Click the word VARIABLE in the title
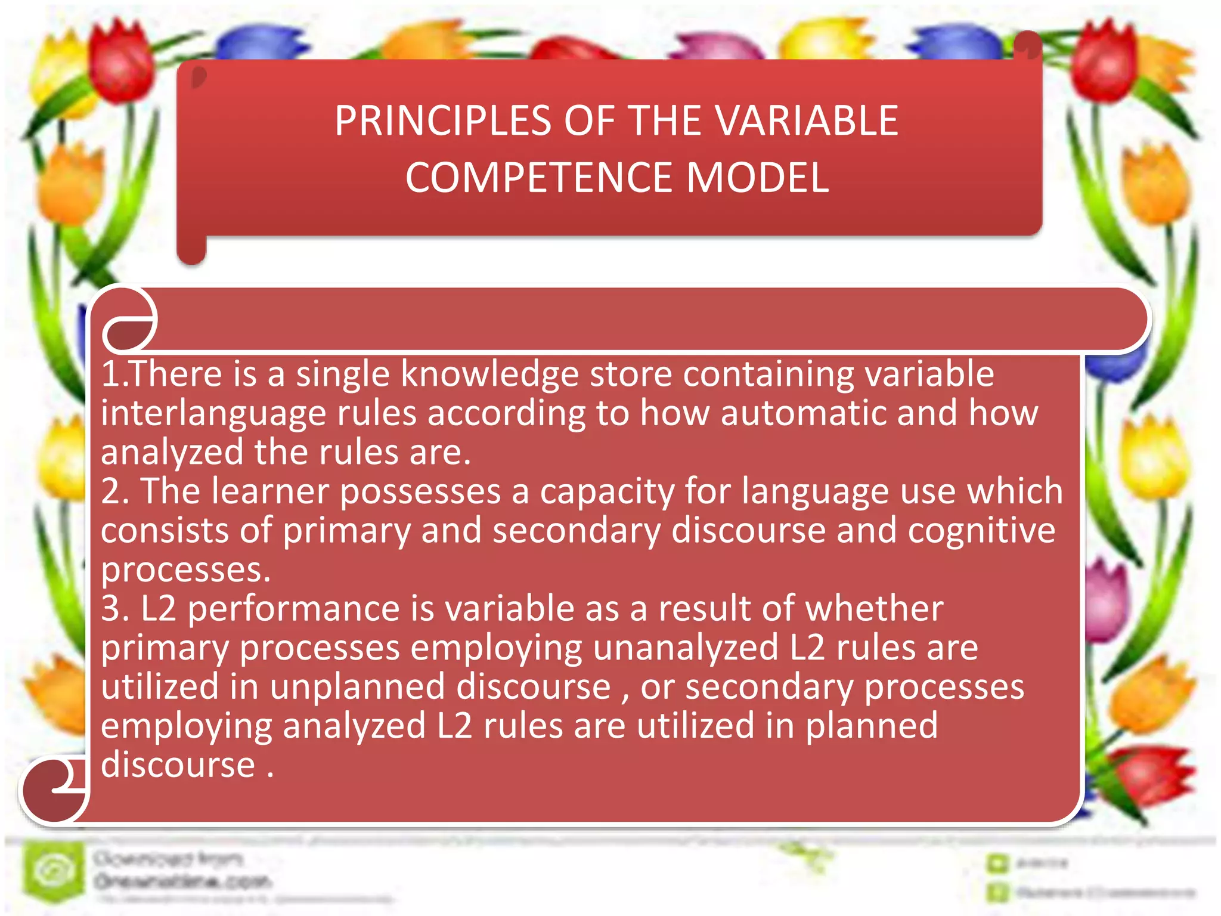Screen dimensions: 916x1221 tap(807, 122)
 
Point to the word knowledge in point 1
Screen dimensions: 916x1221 tap(489, 375)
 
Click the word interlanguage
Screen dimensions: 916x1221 tap(213, 414)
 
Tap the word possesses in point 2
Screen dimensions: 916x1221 tap(420, 492)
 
